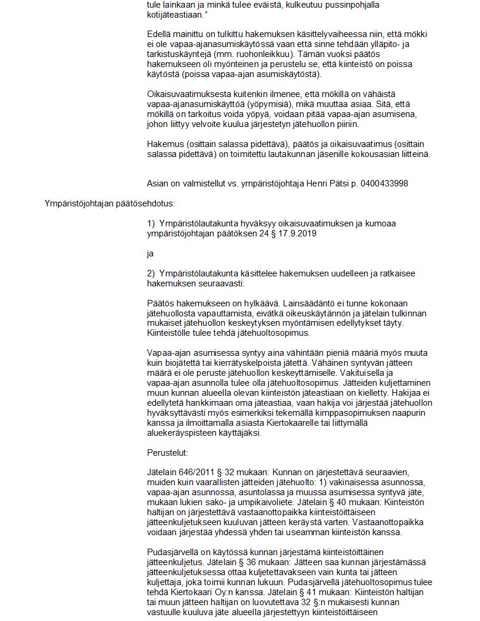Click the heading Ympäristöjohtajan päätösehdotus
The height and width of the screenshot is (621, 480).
click(109, 204)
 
